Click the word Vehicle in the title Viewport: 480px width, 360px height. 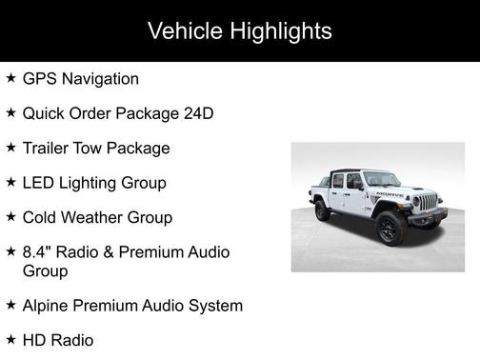pos(182,30)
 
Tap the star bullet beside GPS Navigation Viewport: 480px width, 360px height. pos(10,78)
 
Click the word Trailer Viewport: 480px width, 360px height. pos(48,148)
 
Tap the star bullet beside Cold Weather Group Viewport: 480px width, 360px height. pos(10,216)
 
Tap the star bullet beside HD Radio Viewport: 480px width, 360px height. pos(10,339)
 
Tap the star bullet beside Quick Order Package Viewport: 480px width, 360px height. pos(10,112)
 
